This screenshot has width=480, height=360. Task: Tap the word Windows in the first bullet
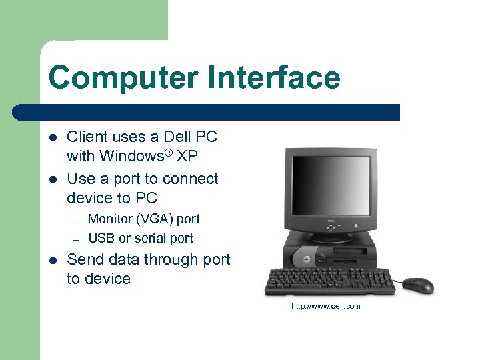click(x=125, y=157)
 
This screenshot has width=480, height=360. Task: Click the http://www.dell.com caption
click(x=325, y=306)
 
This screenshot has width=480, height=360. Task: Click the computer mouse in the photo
click(x=418, y=285)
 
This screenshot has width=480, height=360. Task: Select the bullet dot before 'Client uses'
click(x=53, y=138)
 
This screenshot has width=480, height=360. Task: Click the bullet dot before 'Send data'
click(x=53, y=260)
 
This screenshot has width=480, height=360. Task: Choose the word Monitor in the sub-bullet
click(x=111, y=219)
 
